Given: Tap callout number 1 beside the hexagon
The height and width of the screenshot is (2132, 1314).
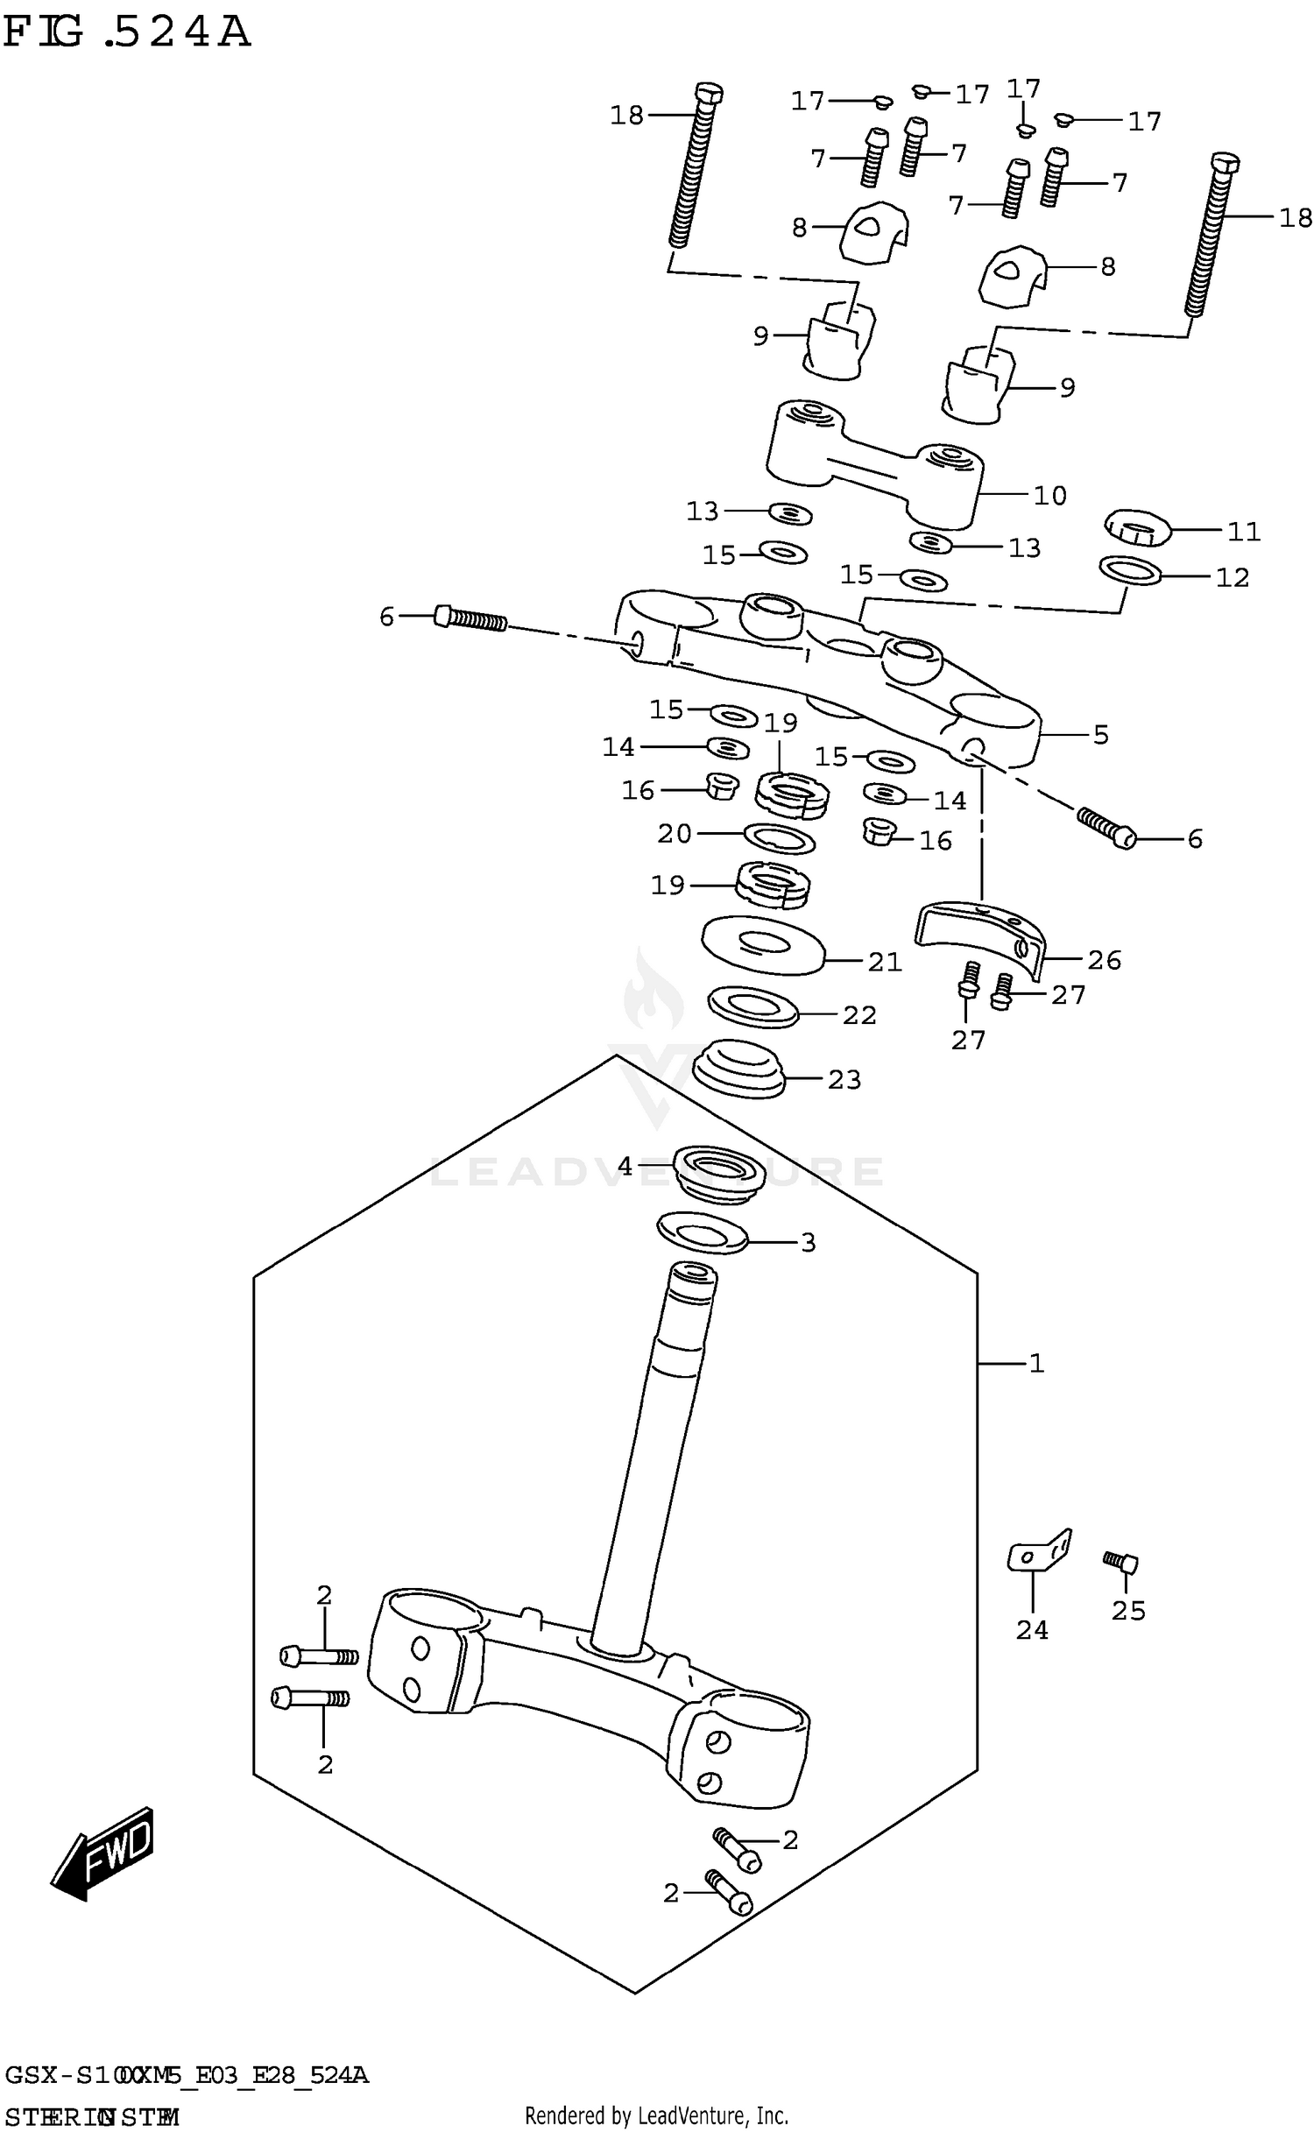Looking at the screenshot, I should (x=1036, y=1363).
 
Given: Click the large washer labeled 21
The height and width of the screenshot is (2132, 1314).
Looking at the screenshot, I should (x=762, y=943).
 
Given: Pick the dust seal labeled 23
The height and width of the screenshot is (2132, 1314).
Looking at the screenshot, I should (x=738, y=1068).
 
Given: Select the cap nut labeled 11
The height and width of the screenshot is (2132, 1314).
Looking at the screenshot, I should (x=1135, y=528).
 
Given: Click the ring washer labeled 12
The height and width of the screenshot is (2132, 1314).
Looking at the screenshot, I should (x=1130, y=570).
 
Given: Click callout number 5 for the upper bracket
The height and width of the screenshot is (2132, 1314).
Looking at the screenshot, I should (x=1101, y=734).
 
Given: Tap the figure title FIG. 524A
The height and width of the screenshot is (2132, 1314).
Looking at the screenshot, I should (x=128, y=33).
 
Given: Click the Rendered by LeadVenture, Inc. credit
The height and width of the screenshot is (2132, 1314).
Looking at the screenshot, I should (x=656, y=2115).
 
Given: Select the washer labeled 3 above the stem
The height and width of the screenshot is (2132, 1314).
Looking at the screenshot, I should (x=701, y=1233).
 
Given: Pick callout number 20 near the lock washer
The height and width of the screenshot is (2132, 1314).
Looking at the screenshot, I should (x=675, y=834).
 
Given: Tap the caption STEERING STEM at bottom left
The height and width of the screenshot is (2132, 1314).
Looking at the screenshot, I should (x=92, y=2117).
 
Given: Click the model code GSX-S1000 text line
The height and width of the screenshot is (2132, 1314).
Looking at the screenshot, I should (x=187, y=2075).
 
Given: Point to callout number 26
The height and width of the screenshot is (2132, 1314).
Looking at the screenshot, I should (x=1104, y=960).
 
